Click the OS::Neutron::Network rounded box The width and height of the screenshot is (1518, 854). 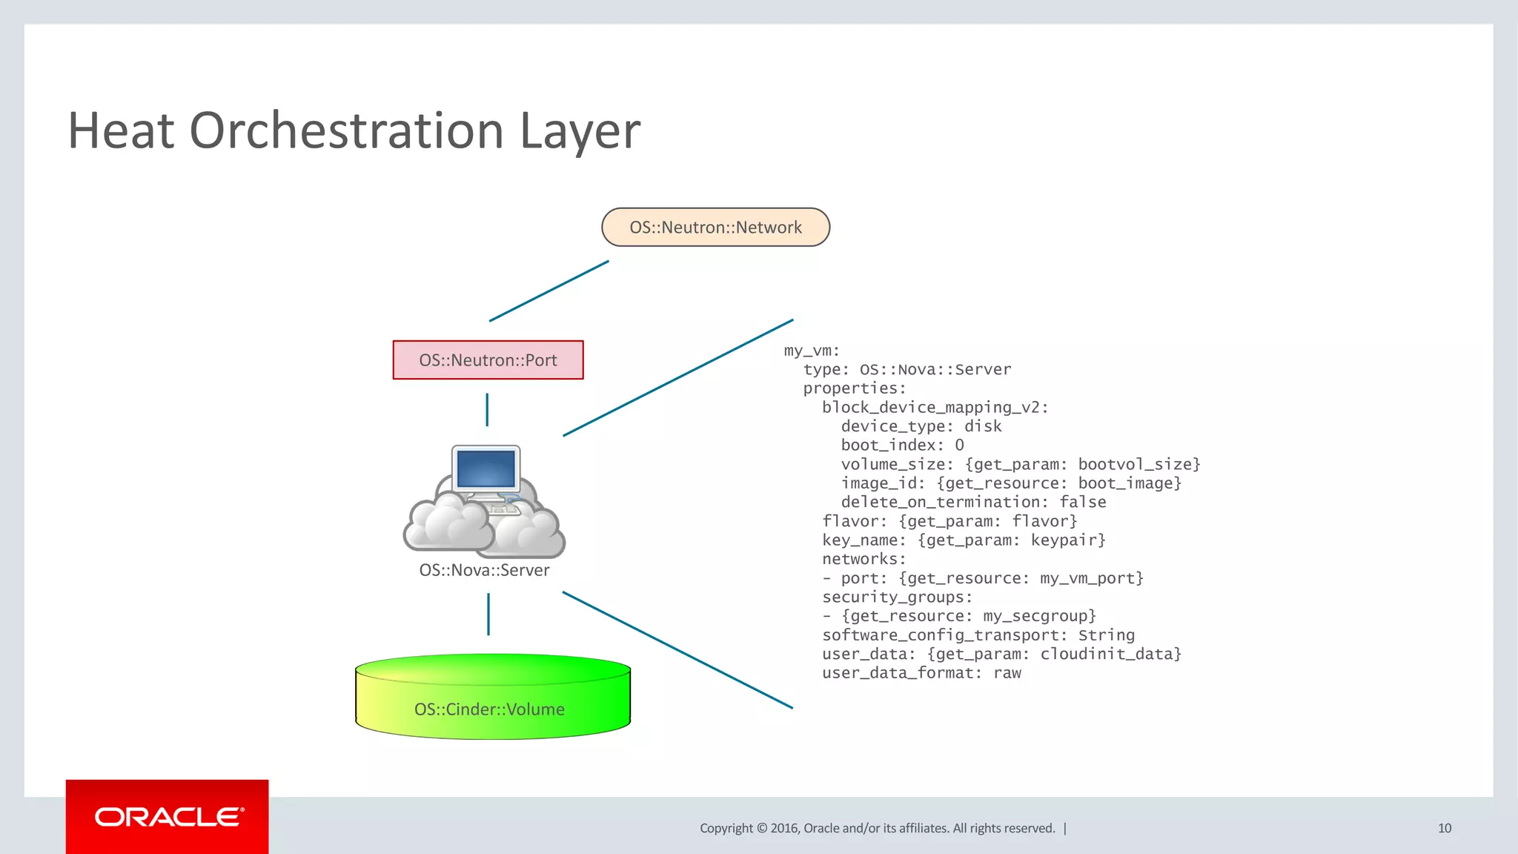715,227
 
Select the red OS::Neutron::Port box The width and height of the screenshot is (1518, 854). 488,360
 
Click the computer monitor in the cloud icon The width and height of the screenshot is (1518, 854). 486,469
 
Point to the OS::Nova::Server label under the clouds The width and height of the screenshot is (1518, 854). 484,570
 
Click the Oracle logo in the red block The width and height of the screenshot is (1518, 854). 168,817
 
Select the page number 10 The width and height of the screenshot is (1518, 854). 1444,828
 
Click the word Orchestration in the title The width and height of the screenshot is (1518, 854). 347,131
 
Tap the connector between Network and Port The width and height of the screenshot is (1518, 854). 549,291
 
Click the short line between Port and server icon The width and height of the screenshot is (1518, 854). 487,409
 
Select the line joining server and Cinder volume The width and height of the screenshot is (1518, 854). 488,614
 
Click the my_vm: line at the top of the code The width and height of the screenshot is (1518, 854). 812,351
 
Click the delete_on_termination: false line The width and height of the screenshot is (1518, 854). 973,503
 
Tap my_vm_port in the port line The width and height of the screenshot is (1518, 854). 1091,578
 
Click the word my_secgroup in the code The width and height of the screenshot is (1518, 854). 1038,616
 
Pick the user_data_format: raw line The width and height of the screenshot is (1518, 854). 921,673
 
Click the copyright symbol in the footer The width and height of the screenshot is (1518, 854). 761,828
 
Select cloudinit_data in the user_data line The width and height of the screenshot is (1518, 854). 1110,654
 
